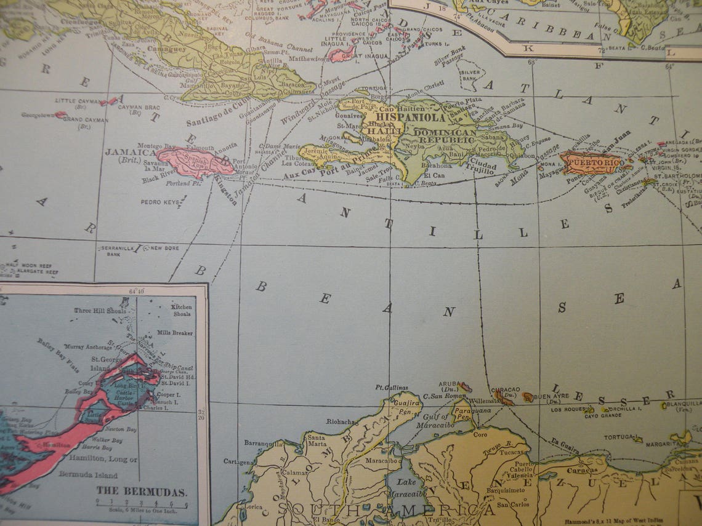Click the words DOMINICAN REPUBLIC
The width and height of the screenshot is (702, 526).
(x=445, y=136)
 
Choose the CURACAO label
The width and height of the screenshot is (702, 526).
(x=505, y=390)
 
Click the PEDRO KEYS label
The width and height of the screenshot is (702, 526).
(x=160, y=202)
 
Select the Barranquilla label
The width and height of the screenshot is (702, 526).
(x=264, y=442)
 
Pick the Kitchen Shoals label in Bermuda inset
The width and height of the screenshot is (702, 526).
(x=182, y=310)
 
